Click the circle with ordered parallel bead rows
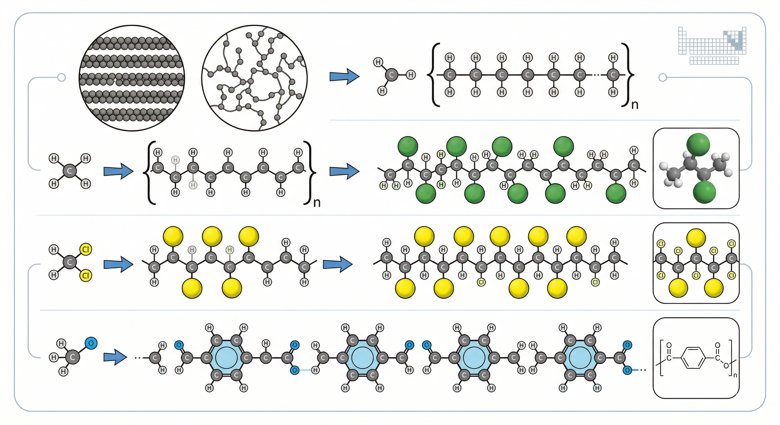point(132,78)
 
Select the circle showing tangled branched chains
point(254,78)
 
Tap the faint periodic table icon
point(712,46)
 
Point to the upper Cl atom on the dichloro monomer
point(86,249)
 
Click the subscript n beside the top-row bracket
point(635,105)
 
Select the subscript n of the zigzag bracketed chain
point(317,202)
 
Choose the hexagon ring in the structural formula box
point(693,358)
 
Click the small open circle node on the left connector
point(61,78)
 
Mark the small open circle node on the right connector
point(663,78)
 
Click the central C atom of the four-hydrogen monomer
point(70,171)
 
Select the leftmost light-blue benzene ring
point(227,358)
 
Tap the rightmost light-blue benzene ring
point(580,358)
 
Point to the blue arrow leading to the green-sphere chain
point(344,171)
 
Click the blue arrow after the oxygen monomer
point(115,357)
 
